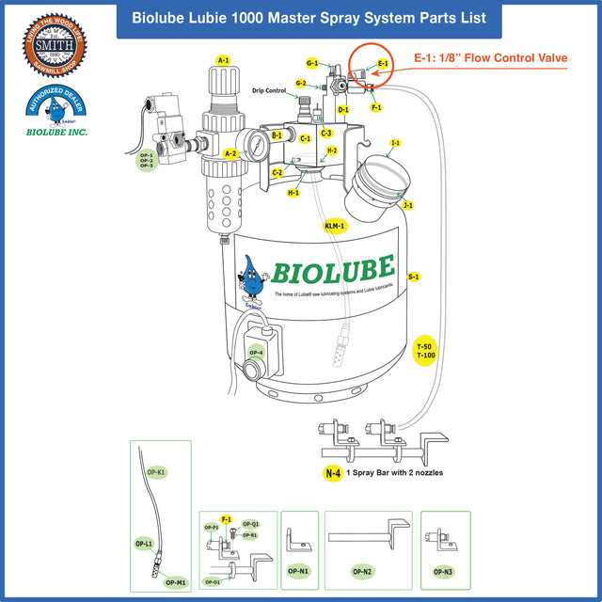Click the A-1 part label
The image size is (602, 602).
pos(223,60)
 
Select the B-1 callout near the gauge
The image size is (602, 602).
pos(277,136)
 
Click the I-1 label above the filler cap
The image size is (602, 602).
pos(396,143)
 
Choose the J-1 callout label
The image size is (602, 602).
pos(407,205)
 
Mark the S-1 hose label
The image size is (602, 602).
pos(414,277)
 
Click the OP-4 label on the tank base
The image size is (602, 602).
pos(255,353)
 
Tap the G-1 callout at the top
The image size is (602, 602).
pos(312,63)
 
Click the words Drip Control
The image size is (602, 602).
pos(269,91)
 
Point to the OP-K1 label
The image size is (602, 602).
pos(156,471)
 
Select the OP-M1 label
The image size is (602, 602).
pos(175,582)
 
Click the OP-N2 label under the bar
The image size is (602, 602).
pos(362,571)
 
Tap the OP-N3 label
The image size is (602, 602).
pos(444,571)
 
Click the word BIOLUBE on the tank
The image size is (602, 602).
pos(333,271)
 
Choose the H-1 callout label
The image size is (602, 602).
pos(293,193)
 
